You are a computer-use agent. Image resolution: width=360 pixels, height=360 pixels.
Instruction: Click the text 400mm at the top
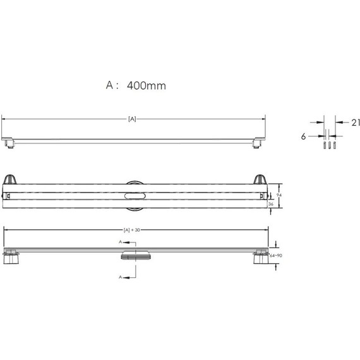tap(146, 85)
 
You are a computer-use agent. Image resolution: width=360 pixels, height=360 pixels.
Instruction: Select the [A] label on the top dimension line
tap(133, 119)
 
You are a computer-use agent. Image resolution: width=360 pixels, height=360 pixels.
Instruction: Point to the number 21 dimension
tap(347, 122)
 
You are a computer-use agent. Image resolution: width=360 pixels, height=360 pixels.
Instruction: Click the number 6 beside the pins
tap(304, 135)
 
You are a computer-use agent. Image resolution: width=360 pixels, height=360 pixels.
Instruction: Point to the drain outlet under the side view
tap(134, 256)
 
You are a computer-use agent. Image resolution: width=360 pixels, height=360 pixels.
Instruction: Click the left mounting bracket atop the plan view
tap(10, 179)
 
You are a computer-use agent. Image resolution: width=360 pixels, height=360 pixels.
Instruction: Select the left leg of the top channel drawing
tap(9, 145)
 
